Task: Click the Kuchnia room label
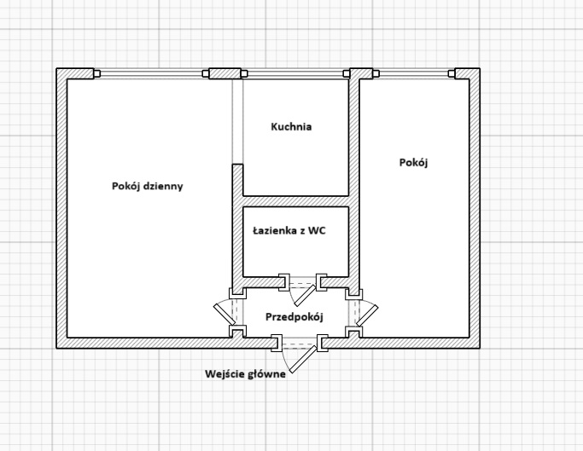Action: pyautogui.click(x=291, y=127)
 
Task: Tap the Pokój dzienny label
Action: pyautogui.click(x=147, y=186)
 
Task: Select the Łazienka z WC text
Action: pyautogui.click(x=289, y=231)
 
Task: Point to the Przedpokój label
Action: pyautogui.click(x=294, y=317)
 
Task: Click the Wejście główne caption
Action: pyautogui.click(x=245, y=373)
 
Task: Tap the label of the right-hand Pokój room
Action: pyautogui.click(x=413, y=162)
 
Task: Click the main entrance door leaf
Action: pyautogui.click(x=303, y=359)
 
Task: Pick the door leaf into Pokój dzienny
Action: pyautogui.click(x=224, y=314)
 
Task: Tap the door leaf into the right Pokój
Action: pyautogui.click(x=367, y=315)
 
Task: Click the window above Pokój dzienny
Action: pyautogui.click(x=151, y=73)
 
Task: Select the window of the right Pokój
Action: pyautogui.click(x=414, y=73)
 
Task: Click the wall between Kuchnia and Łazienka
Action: pyautogui.click(x=295, y=201)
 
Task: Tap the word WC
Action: pyautogui.click(x=318, y=231)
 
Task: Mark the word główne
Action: pyautogui.click(x=267, y=374)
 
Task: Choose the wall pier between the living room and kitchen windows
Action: pyautogui.click(x=225, y=73)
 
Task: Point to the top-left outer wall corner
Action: pyautogui.click(x=57, y=69)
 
